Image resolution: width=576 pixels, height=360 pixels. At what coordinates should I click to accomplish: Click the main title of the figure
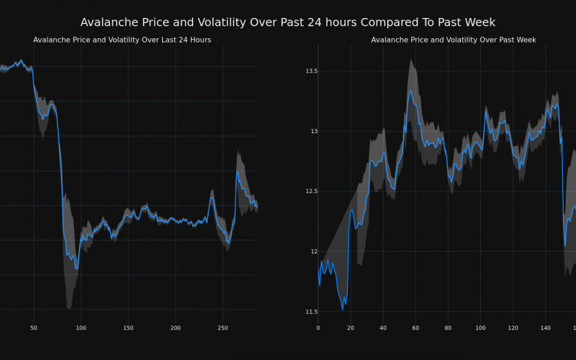pos(288,22)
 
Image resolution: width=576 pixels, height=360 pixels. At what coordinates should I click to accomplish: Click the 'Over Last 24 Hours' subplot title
pos(122,40)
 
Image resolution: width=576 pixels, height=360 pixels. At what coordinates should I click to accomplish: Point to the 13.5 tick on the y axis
pos(311,71)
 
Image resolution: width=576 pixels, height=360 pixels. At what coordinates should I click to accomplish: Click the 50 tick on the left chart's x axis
pos(33,328)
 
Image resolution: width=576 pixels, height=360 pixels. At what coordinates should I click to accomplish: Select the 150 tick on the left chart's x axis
pos(127,328)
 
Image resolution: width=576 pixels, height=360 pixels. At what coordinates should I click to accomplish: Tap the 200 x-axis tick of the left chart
pos(175,328)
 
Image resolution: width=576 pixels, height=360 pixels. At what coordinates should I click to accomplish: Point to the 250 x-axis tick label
pos(222,328)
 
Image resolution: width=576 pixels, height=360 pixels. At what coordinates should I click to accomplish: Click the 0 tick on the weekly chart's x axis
pos(318,328)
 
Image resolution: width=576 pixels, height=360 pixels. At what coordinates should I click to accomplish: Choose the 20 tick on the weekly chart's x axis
pos(351,328)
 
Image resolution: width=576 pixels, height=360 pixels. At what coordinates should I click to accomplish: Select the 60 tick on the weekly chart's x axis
pos(415,328)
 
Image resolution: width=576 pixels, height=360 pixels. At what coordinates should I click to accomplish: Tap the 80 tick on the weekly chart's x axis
pos(448,328)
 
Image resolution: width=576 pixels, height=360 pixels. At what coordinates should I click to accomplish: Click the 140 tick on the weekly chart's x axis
pos(545,328)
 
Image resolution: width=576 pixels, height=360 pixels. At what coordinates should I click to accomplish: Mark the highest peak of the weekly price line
pos(411,91)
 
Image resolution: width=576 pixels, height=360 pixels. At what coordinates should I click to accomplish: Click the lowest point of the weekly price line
pos(343,309)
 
